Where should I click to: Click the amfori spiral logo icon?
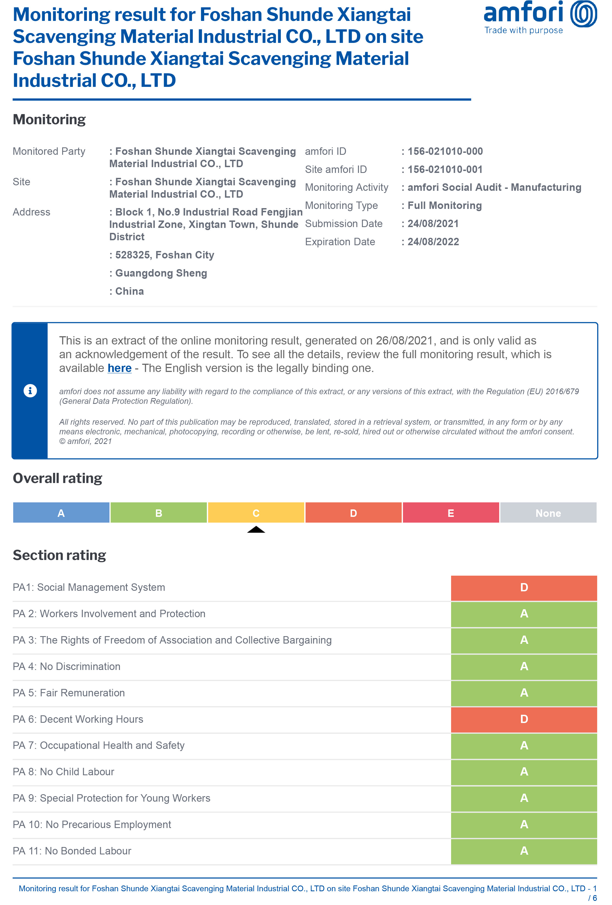(583, 14)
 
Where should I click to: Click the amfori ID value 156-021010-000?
(445, 151)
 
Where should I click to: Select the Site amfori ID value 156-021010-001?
(445, 169)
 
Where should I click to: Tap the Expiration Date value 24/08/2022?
(433, 242)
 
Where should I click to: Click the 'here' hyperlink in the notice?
(119, 368)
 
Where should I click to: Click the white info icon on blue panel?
(30, 391)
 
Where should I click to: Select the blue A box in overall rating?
(61, 513)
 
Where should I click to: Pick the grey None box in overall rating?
(548, 513)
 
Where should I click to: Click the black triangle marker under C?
(256, 529)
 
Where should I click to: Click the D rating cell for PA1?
(524, 588)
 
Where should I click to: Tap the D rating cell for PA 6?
(524, 719)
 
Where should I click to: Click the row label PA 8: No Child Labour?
(64, 772)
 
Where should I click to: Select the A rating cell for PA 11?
(524, 851)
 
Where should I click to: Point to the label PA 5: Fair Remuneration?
(69, 693)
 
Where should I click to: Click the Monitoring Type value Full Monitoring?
(444, 206)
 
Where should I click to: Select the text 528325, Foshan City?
(164, 255)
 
